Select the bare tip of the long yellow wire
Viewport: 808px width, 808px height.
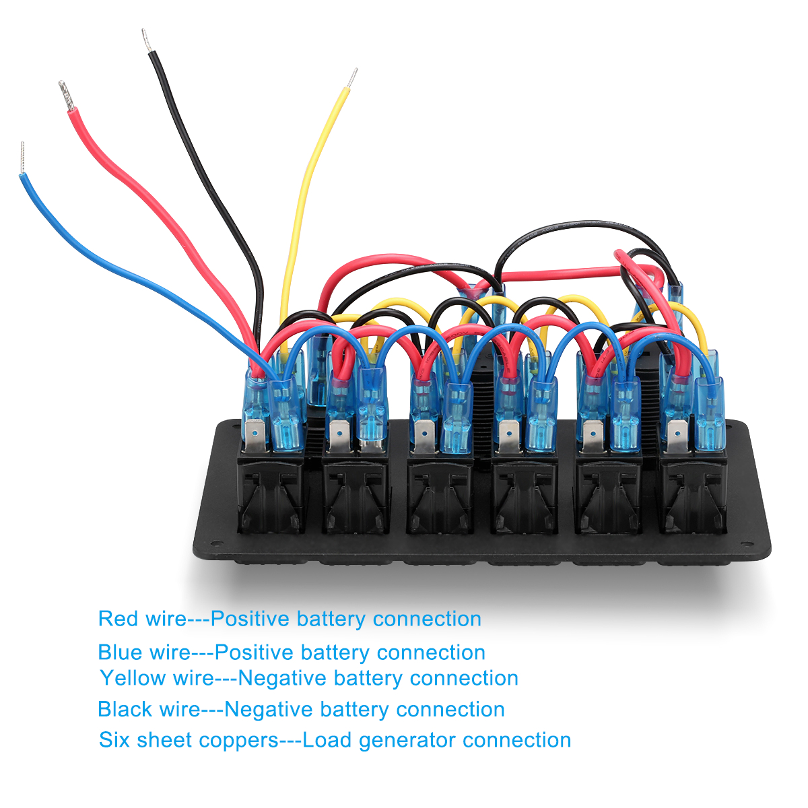(351, 78)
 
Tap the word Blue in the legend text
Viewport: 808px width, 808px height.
(121, 652)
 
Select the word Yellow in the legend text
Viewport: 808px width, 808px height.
(132, 678)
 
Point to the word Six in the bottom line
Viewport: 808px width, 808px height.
(115, 740)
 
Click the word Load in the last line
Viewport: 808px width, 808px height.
(327, 740)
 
